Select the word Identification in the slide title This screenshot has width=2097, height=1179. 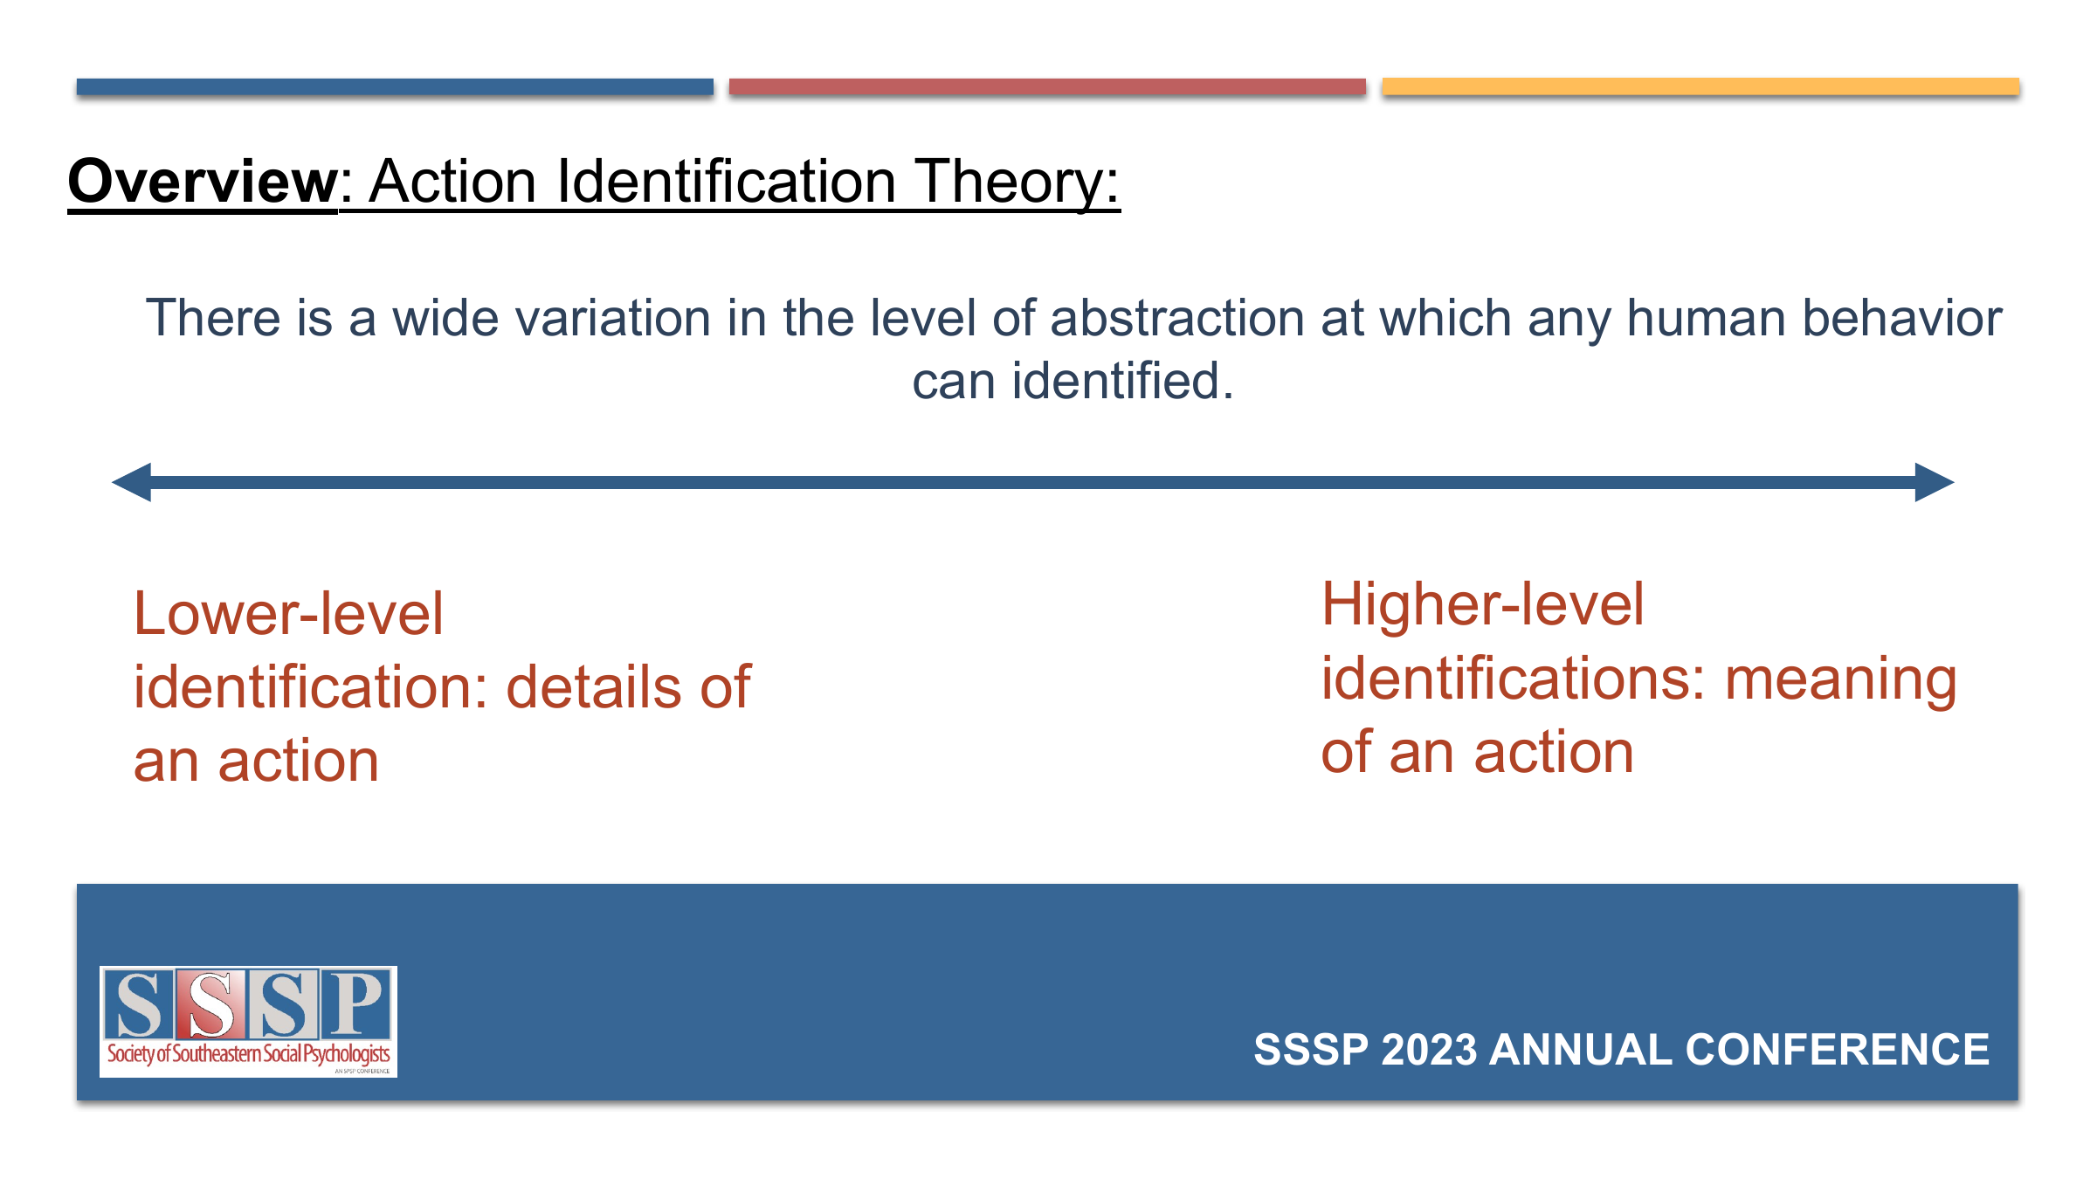pos(727,182)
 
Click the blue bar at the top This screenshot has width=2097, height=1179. pos(395,86)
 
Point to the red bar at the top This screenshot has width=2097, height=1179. pos(1047,86)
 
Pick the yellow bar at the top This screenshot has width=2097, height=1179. pos(1700,86)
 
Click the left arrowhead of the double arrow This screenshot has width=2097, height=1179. pos(131,482)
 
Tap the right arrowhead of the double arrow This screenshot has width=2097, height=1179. pos(1935,482)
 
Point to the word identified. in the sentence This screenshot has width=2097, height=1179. pos(1122,382)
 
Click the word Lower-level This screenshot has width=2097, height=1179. pos(288,613)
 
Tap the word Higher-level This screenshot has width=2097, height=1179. pos(1482,604)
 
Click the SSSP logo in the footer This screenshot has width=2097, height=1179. pos(248,1022)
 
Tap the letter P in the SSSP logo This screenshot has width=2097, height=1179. pos(355,1003)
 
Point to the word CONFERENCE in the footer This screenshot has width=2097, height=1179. pos(1837,1050)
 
